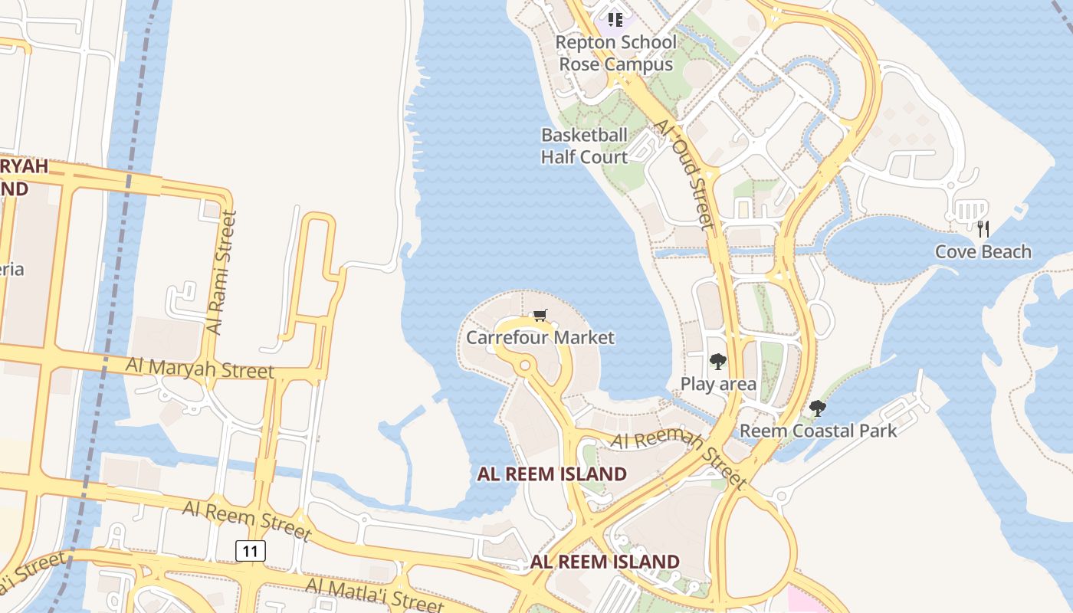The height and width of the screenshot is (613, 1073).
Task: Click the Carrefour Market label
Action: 540,337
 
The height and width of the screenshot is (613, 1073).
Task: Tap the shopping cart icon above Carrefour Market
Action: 540,315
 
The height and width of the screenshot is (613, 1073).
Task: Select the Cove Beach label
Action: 983,251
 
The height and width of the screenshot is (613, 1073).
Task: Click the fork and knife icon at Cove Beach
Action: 983,228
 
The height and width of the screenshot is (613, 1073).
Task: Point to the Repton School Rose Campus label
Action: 616,53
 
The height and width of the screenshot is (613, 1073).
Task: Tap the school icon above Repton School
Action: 615,19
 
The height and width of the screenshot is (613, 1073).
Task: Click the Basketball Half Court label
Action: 584,146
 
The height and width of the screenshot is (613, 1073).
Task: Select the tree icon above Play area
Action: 717,362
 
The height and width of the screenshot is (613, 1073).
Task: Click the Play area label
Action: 718,384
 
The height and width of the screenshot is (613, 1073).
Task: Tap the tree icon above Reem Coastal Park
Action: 818,408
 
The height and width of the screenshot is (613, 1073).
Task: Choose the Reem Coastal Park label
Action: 818,431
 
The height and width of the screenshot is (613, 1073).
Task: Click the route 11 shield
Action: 251,550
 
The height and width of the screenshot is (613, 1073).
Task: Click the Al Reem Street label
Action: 247,520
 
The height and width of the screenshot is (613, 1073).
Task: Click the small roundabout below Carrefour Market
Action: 525,366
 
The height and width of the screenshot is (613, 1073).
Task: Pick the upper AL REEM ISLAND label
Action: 552,474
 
